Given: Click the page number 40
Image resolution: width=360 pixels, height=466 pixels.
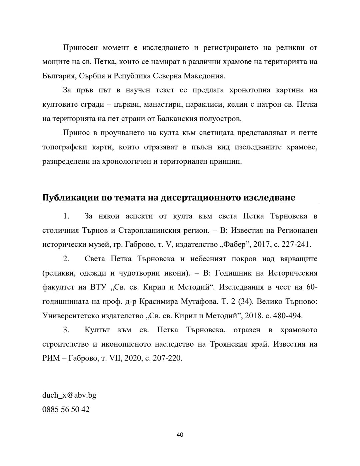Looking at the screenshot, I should pyautogui.click(x=180, y=435).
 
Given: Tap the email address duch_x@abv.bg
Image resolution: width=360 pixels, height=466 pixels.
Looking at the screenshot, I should pyautogui.click(x=69, y=395).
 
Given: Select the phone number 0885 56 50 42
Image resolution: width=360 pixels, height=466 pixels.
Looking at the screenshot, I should pyautogui.click(x=66, y=409).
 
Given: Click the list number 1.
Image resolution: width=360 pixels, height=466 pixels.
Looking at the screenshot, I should pyautogui.click(x=66, y=216).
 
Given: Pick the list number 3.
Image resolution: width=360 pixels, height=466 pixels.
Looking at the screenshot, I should pyautogui.click(x=66, y=330).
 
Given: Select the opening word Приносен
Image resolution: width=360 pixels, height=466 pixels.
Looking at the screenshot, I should pyautogui.click(x=80, y=48).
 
